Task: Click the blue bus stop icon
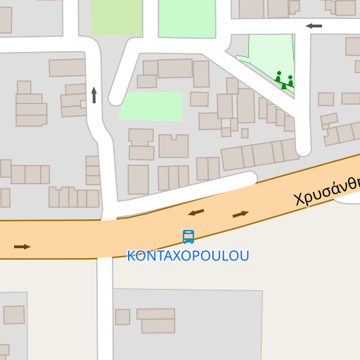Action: pos(188,237)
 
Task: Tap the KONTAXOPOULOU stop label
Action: pos(188,256)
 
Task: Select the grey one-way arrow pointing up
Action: pos(94,95)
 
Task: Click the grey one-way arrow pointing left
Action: pos(314,26)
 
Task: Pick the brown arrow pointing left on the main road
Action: pos(196,212)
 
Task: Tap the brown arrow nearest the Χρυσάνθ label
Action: pos(240,214)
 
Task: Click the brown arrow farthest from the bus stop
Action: pos(22,247)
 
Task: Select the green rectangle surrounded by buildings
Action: pos(152,105)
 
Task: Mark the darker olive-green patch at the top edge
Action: pos(117,17)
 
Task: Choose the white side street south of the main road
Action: pos(105,309)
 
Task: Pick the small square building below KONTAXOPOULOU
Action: pos(122,317)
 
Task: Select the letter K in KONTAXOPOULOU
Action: pos(131,256)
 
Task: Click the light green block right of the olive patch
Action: pos(186,18)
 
